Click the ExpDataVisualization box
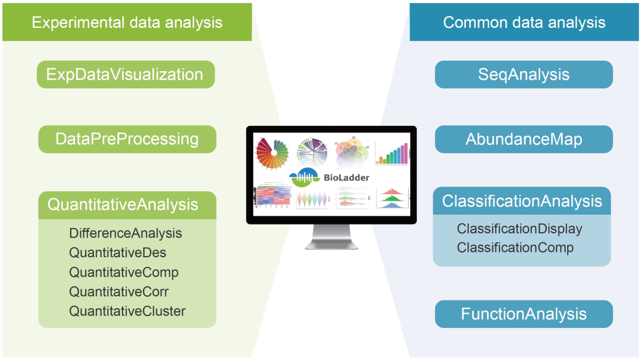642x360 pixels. click(125, 74)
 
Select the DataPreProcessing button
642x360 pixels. click(127, 139)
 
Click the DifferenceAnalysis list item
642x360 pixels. click(125, 233)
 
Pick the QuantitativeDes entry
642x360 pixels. click(118, 253)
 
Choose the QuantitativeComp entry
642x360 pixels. click(124, 273)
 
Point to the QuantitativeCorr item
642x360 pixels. click(119, 292)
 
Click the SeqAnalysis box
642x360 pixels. click(524, 74)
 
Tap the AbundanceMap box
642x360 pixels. click(524, 139)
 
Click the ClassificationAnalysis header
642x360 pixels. click(522, 201)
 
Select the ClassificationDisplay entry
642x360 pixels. click(520, 229)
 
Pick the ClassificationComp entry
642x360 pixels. click(515, 248)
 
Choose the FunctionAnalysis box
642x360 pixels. click(524, 314)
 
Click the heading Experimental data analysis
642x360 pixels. click(127, 23)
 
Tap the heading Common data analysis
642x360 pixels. click(524, 23)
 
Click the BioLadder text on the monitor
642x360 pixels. click(347, 176)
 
